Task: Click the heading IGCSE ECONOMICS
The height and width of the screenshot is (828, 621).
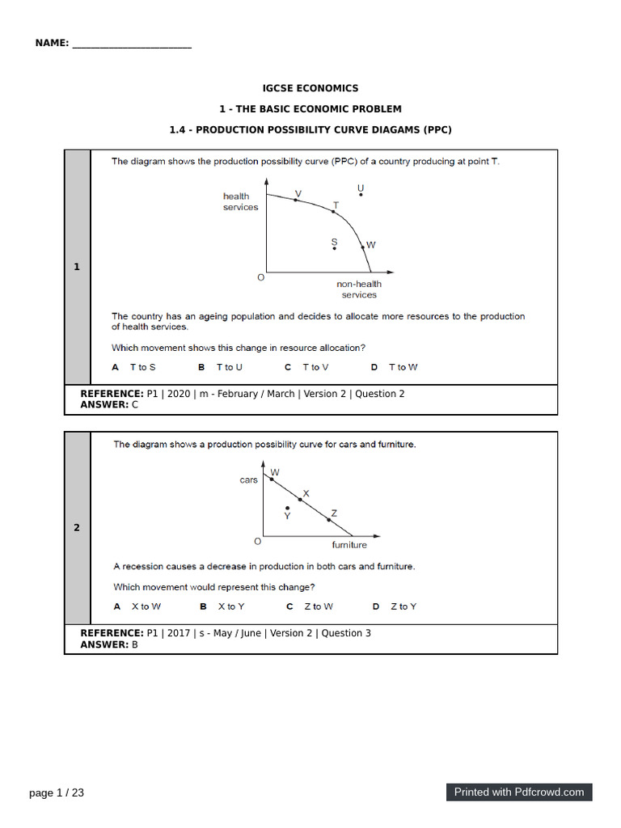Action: tap(310, 88)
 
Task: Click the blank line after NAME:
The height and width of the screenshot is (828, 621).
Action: tap(132, 44)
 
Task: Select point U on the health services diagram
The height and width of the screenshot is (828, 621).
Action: tap(361, 194)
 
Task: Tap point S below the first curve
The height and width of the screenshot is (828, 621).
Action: tap(335, 248)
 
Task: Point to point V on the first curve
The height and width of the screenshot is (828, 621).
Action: tap(296, 200)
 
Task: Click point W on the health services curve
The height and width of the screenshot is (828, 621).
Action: tap(363, 244)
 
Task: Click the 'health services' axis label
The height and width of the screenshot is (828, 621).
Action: tap(240, 201)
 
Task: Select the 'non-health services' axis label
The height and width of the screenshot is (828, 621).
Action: tap(359, 289)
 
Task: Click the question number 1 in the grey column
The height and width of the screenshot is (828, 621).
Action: tap(77, 267)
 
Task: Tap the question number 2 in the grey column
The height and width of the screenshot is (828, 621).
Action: tap(77, 528)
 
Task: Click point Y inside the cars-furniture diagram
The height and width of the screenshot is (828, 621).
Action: tap(286, 509)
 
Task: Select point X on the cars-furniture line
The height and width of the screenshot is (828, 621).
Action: tap(300, 500)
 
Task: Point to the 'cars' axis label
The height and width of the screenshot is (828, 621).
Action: tap(248, 479)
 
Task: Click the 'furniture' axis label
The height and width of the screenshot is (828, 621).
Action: tap(349, 545)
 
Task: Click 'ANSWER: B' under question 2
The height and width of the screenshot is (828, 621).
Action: tap(109, 644)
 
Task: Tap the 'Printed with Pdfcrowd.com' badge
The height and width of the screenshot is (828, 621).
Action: tap(518, 792)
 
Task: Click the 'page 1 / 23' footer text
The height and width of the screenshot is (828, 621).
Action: tap(57, 793)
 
